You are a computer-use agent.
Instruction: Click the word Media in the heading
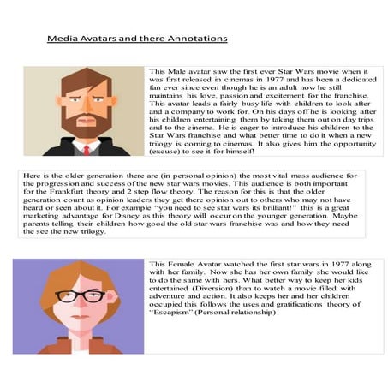(60, 39)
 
